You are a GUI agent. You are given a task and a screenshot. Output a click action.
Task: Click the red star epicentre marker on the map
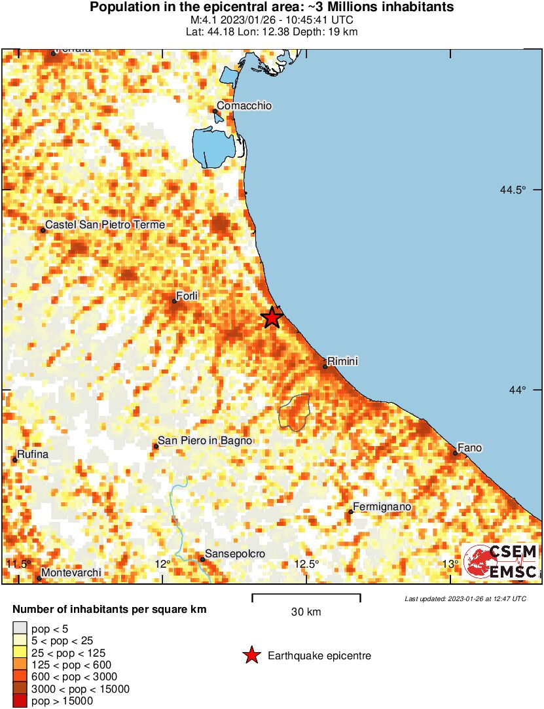pos(272,318)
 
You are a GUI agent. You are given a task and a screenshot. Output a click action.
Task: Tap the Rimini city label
pos(342,361)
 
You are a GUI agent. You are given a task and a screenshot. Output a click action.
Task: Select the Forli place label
pos(187,296)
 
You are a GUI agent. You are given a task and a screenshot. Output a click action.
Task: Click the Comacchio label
pos(244,106)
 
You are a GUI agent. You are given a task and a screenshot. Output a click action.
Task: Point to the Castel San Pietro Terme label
pos(105,225)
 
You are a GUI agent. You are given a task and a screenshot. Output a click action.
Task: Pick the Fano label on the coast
pos(469,447)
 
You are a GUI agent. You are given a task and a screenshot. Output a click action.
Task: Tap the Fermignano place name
pos(382,506)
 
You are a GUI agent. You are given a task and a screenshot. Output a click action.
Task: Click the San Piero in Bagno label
pos(205,441)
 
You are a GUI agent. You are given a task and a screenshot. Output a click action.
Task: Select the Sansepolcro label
pos(235,554)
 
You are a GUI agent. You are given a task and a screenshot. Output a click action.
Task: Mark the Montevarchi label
pos(71,573)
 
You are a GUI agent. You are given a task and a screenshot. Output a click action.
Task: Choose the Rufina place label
pos(33,454)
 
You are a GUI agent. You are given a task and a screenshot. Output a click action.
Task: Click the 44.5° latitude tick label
pos(512,190)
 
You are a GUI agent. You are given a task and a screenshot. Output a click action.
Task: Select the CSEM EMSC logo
pos(500,561)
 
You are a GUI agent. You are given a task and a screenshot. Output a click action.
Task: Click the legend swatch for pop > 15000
pos(20,701)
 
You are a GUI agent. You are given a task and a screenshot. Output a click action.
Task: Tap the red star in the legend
pos(251,655)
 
